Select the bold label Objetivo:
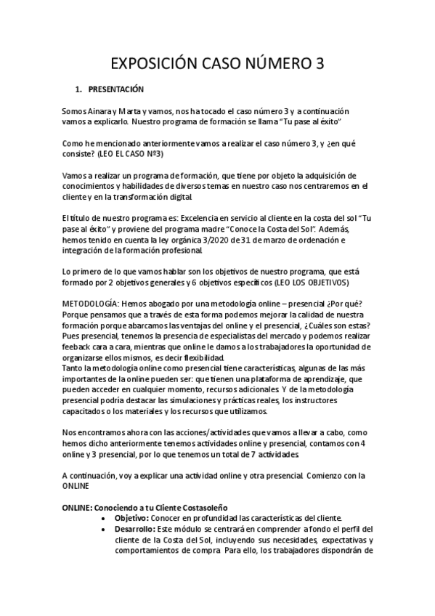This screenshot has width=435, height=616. pos(135,518)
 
